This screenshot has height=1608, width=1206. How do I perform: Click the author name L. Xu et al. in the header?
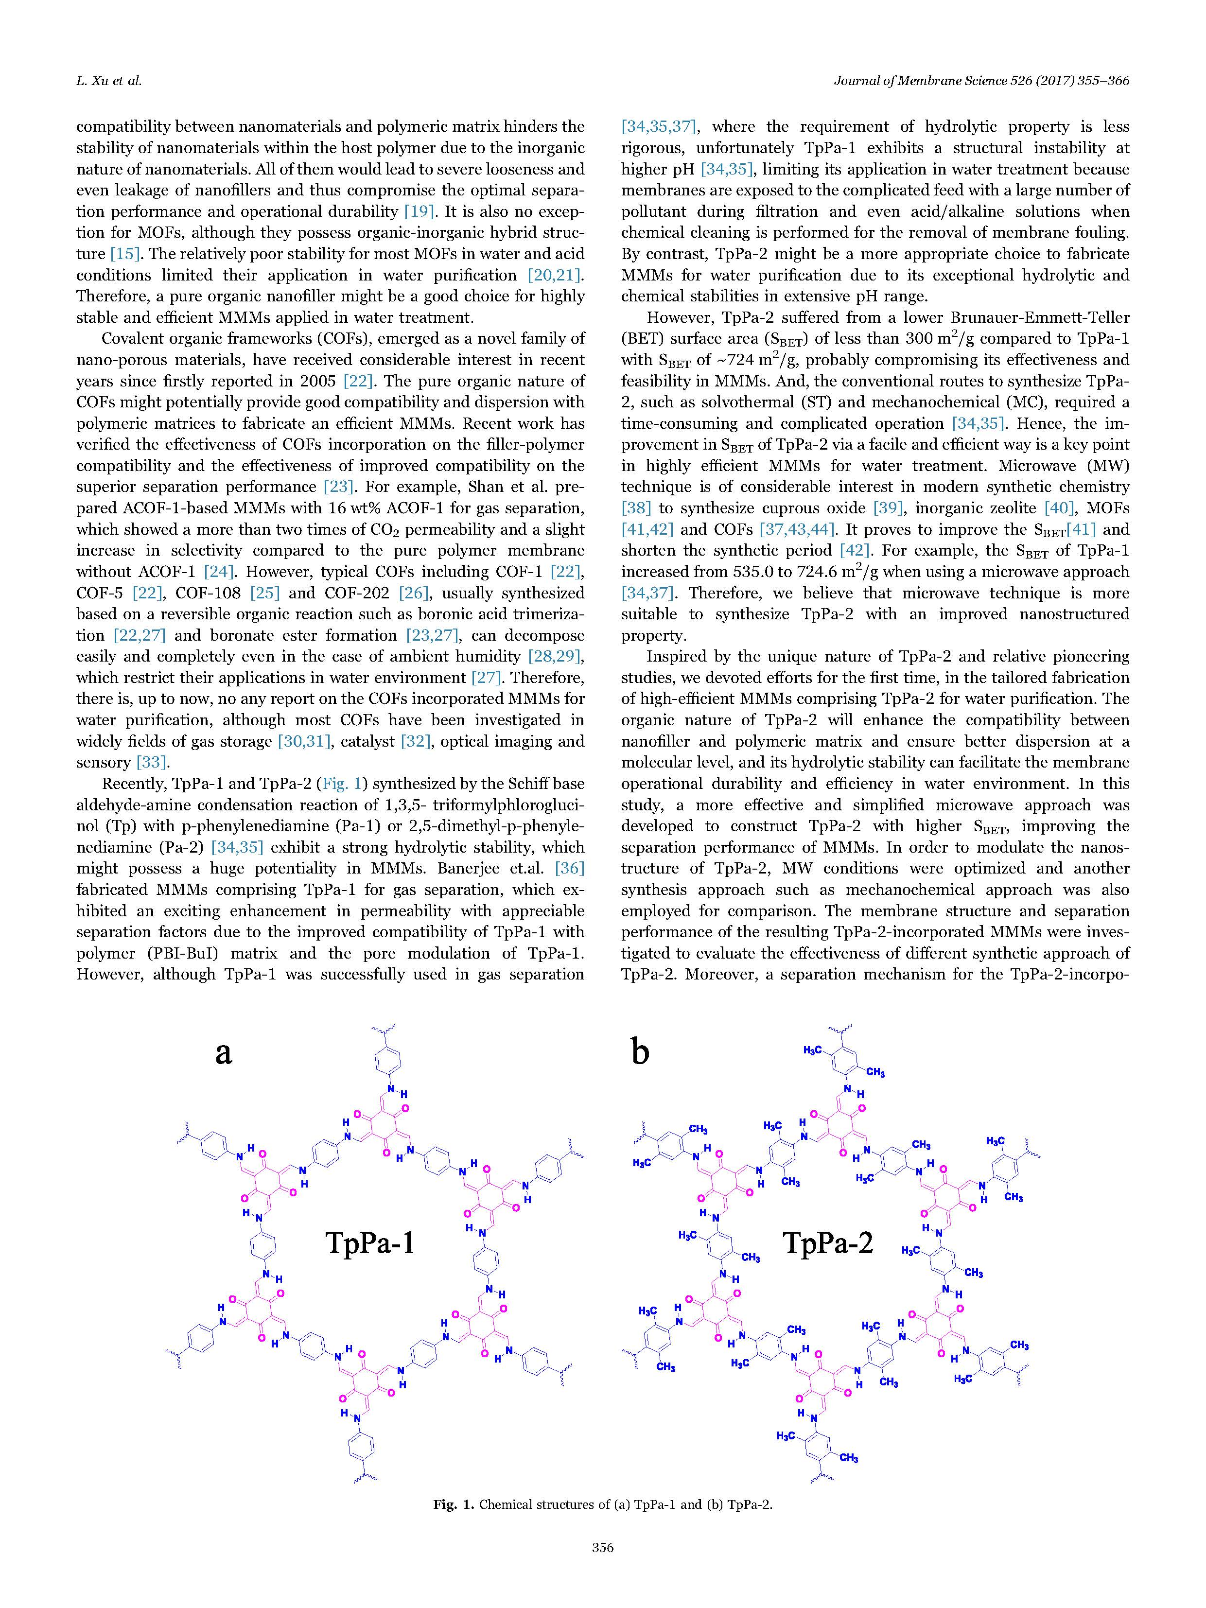109,81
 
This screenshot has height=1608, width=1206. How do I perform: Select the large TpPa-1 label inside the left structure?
370,1243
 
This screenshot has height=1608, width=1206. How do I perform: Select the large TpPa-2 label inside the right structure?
828,1243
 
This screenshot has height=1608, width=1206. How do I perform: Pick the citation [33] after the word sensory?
153,763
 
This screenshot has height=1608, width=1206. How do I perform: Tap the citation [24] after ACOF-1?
218,572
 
